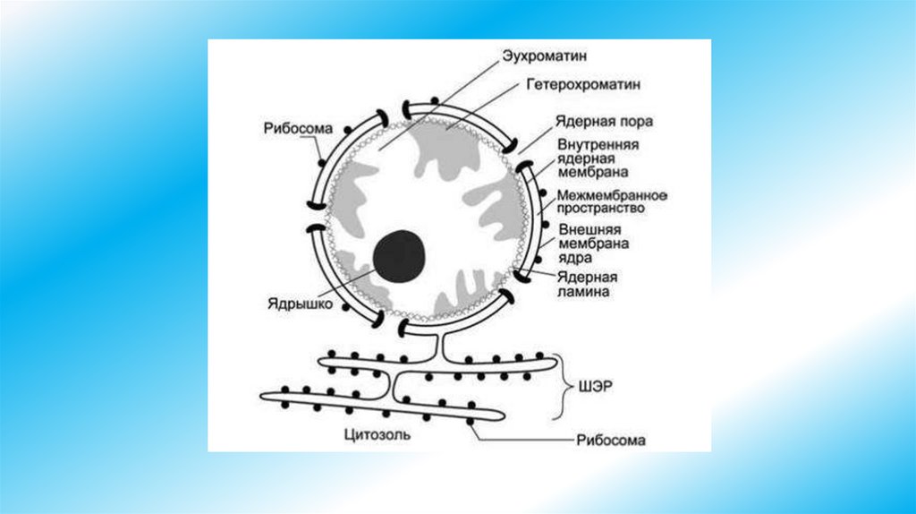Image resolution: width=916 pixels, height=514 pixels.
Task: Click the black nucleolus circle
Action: pos(399,255)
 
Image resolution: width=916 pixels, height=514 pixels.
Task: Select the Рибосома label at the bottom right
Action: pos(611,441)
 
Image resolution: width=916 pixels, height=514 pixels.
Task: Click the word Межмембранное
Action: pos(614,194)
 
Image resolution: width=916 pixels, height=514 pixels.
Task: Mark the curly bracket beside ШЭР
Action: pos(564,386)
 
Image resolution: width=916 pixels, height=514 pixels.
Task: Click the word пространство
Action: pos(600,208)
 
